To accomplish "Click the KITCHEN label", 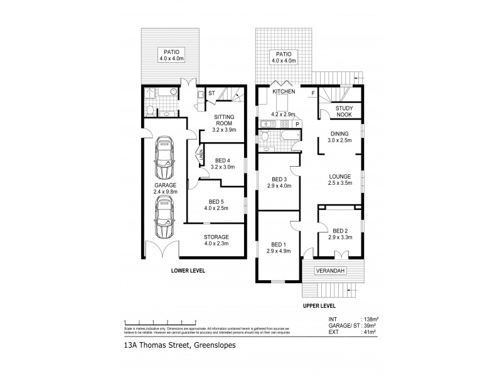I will click(x=284, y=92).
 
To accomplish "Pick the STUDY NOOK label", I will click(x=344, y=112).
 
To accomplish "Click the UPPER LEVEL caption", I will click(x=319, y=306).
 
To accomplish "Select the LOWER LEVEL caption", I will click(x=189, y=271).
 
